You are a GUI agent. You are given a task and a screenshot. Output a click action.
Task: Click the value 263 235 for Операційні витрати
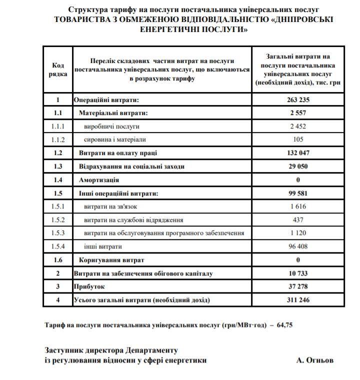(x=298, y=100)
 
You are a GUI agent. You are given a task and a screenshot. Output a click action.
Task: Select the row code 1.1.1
(x=58, y=126)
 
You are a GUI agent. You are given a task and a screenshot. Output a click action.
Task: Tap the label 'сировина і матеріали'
(x=114, y=139)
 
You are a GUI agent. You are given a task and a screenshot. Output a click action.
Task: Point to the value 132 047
(x=298, y=153)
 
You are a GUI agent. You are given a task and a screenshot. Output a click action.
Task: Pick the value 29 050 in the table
(x=298, y=166)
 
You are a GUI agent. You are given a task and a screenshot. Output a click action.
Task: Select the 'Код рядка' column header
(x=58, y=69)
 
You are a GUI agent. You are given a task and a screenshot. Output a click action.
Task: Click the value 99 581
(x=298, y=193)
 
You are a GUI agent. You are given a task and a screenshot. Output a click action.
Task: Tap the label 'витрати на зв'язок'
(x=112, y=206)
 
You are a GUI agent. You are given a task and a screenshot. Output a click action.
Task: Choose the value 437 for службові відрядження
(x=298, y=219)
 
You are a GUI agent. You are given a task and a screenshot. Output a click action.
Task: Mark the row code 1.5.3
(x=58, y=233)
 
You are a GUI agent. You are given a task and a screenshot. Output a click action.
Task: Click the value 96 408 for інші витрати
(x=298, y=246)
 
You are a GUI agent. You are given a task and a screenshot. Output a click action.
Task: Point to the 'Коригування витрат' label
(x=111, y=260)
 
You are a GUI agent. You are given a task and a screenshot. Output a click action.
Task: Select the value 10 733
(x=298, y=273)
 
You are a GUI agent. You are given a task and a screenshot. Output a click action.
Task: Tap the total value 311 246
(x=298, y=300)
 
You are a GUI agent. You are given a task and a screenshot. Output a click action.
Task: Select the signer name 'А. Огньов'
(x=314, y=359)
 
